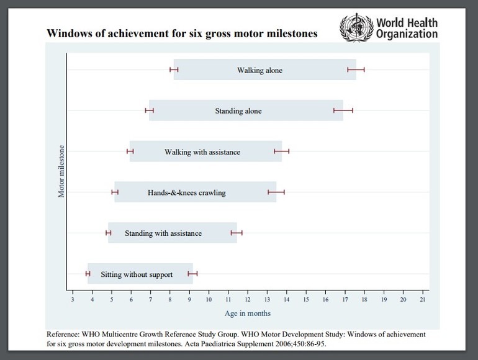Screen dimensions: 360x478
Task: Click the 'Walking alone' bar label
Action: point(259,70)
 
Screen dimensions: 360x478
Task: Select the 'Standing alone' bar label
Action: point(238,111)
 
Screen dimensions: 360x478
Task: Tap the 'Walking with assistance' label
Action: point(202,152)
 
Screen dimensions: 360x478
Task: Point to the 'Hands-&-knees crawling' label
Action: point(186,192)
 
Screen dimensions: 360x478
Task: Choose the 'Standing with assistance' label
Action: point(163,233)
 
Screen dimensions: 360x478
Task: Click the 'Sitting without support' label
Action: point(137,274)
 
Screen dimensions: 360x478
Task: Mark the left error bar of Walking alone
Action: point(174,70)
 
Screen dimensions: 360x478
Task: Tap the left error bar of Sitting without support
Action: point(88,274)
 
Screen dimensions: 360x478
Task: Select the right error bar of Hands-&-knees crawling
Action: point(276,192)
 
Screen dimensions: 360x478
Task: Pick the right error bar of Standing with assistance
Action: point(237,233)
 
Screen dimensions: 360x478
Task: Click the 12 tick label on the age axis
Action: point(248,300)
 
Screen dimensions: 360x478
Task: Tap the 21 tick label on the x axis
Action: point(423,300)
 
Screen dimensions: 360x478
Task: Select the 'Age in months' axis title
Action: point(248,313)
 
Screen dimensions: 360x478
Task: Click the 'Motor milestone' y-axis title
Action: point(61,171)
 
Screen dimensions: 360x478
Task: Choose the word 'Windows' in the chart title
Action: point(68,33)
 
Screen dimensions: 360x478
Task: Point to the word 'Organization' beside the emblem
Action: point(407,34)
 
